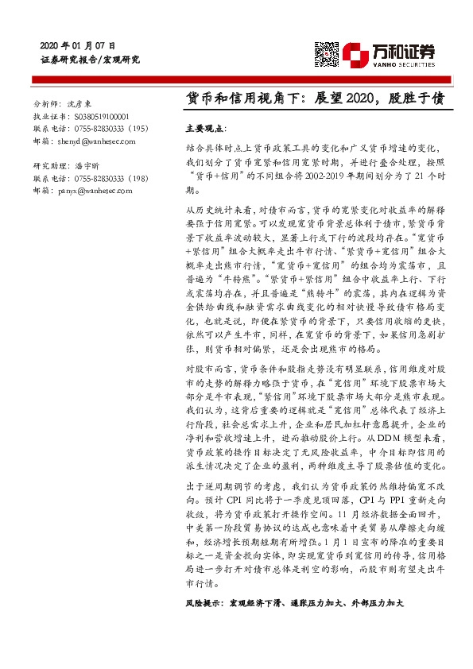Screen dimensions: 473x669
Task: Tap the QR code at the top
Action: pos(327,53)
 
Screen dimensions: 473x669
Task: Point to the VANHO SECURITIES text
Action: pos(405,66)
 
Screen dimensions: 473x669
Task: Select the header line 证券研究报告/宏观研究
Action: pos(90,60)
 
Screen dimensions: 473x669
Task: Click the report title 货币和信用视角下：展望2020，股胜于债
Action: pos(314,98)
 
